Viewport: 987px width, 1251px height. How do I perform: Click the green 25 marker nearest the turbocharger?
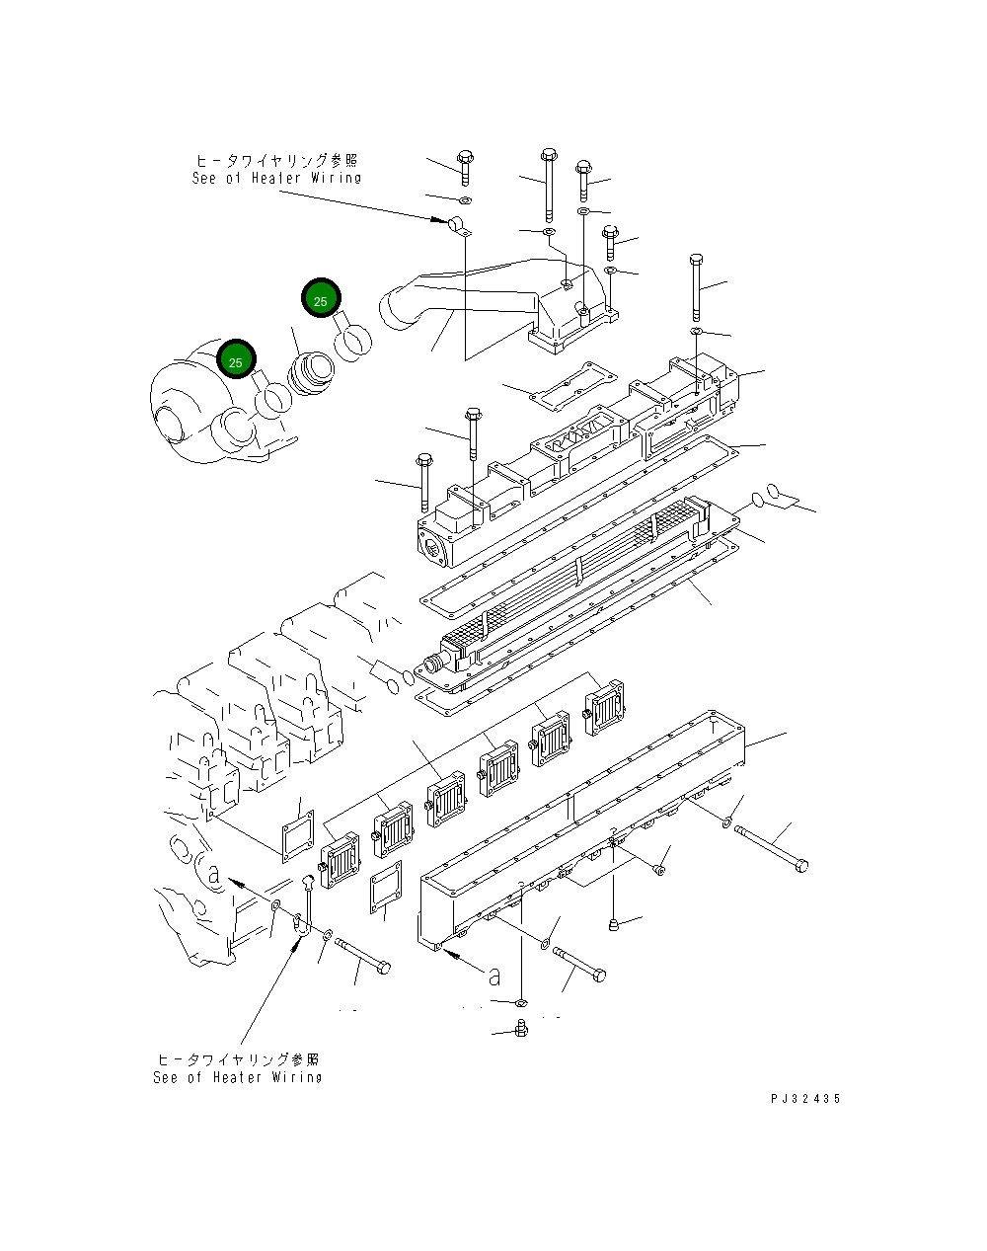(x=236, y=361)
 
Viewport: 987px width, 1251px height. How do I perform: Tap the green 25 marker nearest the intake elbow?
(x=320, y=299)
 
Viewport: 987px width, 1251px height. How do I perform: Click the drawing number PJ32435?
(x=806, y=1099)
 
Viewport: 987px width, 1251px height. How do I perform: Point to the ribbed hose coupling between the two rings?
(x=311, y=374)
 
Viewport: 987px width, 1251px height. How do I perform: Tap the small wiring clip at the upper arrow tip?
(x=459, y=227)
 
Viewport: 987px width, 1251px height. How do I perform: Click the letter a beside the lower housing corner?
(x=493, y=976)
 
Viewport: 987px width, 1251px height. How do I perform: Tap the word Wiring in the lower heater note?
(x=296, y=1077)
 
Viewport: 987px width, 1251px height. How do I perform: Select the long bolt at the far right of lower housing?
(x=770, y=848)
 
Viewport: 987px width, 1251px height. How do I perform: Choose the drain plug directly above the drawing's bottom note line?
(x=521, y=1030)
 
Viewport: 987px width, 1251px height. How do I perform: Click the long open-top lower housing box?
(x=582, y=829)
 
